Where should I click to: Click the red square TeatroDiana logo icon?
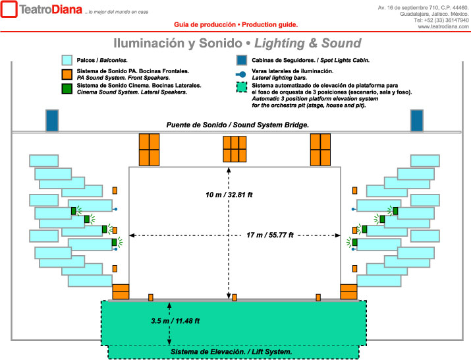tap(9, 9)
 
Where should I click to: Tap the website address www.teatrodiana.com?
tap(443, 26)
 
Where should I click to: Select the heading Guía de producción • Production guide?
tap(236, 24)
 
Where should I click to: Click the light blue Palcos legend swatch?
tap(67, 60)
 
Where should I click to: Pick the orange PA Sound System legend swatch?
tap(67, 75)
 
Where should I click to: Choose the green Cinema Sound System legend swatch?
tap(67, 89)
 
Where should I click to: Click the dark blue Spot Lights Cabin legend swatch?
tap(242, 60)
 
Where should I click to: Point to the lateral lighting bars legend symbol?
tap(241, 75)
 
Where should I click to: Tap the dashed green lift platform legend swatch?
tap(242, 87)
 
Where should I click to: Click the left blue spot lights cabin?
tap(52, 121)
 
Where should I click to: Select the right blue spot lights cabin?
tap(416, 121)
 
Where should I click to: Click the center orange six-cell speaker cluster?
tap(235, 149)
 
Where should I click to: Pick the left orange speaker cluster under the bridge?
tap(149, 150)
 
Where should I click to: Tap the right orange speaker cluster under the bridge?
tap(320, 150)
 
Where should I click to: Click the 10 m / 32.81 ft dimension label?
tap(229, 195)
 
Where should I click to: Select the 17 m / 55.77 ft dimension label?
tap(269, 235)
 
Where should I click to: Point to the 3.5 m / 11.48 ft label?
tap(175, 321)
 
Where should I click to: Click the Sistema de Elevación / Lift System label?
tap(231, 351)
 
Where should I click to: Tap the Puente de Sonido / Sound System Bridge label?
tap(238, 125)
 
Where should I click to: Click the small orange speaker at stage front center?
tap(235, 298)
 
